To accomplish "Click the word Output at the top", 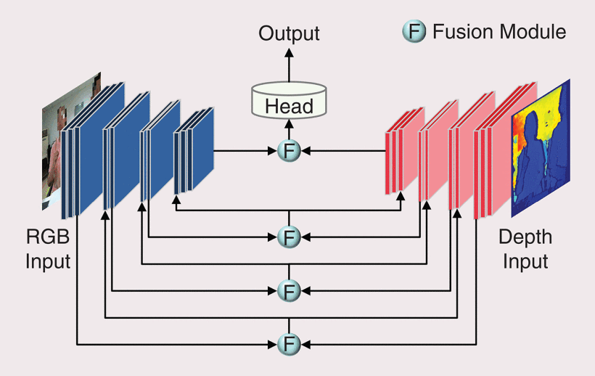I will (289, 33).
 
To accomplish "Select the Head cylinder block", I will (289, 102).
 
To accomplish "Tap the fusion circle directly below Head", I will (289, 151).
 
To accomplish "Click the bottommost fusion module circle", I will (289, 342).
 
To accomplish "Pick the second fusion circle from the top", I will (289, 237).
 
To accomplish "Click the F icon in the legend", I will (414, 32).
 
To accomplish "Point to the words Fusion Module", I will (499, 32).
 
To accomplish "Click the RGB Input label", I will (48, 249).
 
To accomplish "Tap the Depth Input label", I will (525, 249).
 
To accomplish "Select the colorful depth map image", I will (541, 148).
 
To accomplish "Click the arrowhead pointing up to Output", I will (289, 53).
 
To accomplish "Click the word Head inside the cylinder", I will (289, 106).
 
